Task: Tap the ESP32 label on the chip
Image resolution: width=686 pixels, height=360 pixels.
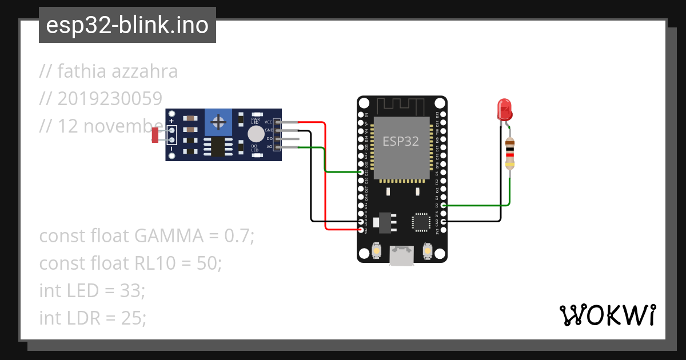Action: (x=400, y=141)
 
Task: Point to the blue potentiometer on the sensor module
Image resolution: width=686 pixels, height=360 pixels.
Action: (x=217, y=122)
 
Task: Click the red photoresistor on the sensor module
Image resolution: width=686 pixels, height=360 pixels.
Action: (x=155, y=135)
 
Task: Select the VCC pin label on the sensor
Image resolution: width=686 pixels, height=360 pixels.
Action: (x=268, y=122)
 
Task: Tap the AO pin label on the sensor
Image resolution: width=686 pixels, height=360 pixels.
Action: (x=269, y=147)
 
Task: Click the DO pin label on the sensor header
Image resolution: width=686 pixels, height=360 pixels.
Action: (x=269, y=139)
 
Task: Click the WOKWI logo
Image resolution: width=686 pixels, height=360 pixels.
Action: (x=607, y=315)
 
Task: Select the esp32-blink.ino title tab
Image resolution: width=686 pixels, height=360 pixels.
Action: (x=127, y=25)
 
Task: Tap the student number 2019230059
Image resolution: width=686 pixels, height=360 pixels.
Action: (x=110, y=99)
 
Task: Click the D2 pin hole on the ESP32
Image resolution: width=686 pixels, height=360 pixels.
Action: (x=444, y=205)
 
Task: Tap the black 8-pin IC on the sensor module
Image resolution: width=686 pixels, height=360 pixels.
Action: (x=217, y=146)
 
